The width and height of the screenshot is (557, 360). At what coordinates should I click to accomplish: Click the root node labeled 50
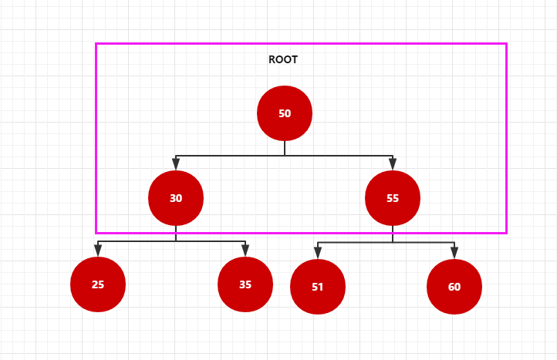click(285, 113)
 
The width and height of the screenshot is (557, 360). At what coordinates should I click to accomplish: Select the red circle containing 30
click(176, 198)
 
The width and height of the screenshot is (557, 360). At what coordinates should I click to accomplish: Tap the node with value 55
click(393, 198)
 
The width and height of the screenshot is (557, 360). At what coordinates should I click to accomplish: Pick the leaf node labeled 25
click(98, 284)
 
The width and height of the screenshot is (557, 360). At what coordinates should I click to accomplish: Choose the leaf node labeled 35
click(245, 284)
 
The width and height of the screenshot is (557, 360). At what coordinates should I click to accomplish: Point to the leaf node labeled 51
click(318, 288)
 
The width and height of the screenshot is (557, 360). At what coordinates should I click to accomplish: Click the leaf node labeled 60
click(454, 287)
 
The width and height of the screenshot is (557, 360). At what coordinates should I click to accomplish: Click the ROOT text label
click(283, 59)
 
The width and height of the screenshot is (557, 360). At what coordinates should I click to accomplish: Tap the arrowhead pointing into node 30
click(176, 164)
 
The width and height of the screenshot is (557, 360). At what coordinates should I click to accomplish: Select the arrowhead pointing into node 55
click(393, 164)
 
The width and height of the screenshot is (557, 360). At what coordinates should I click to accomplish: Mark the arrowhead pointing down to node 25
click(98, 250)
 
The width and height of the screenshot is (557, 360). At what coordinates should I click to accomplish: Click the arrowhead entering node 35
click(245, 250)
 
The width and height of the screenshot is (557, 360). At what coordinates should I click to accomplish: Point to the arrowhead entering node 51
click(318, 252)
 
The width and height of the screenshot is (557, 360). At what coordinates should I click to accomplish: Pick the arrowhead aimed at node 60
click(454, 252)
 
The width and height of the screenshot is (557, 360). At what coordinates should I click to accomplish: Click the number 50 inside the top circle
click(285, 113)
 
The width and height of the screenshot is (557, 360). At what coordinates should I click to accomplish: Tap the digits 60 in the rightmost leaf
click(454, 287)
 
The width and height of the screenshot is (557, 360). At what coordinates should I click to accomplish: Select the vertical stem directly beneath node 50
click(285, 148)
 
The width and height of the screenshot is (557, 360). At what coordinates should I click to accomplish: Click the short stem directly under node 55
click(393, 234)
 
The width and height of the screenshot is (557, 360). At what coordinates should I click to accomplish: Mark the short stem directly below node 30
click(176, 234)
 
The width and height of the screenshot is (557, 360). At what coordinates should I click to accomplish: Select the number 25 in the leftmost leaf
click(98, 284)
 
